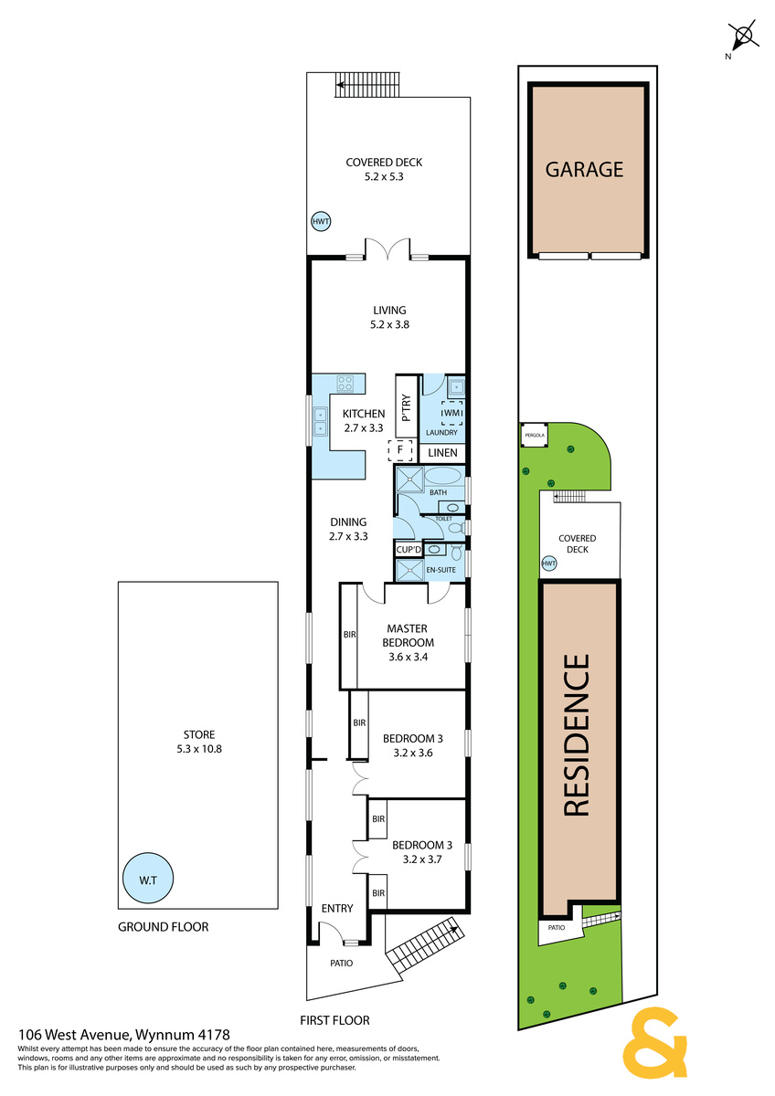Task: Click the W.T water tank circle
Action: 148,879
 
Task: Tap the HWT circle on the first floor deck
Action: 321,222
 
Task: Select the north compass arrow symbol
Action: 743,36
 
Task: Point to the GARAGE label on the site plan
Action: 584,169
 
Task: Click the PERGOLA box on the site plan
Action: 534,435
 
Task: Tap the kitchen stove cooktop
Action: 345,383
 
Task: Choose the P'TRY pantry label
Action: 406,408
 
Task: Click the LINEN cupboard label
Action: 442,453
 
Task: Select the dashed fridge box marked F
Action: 400,450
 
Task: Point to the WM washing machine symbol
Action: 451,413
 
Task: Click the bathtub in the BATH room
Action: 442,476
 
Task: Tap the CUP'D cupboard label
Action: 409,550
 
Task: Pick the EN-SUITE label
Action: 441,570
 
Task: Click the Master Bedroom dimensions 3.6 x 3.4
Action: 408,657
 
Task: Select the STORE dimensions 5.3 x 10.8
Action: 199,749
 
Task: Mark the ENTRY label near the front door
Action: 337,908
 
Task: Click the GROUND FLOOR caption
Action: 163,927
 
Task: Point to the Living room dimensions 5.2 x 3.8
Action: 389,324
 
